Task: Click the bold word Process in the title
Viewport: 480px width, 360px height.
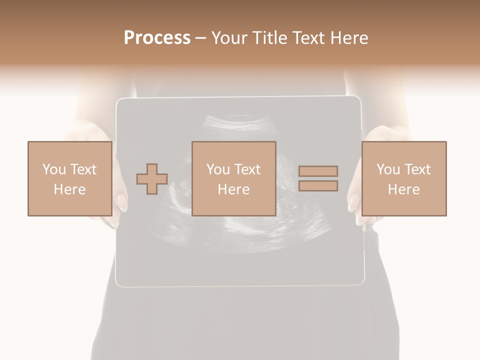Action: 157,38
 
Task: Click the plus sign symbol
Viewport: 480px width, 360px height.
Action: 152,179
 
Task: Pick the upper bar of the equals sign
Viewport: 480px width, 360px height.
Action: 318,171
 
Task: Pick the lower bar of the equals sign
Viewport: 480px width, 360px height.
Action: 318,186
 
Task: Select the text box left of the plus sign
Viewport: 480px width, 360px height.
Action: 69,178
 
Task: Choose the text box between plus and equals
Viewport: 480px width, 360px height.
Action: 233,178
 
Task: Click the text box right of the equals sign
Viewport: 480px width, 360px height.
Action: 403,178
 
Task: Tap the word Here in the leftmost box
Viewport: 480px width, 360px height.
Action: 69,189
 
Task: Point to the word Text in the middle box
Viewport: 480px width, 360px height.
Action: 247,169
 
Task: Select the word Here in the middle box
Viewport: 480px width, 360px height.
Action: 233,189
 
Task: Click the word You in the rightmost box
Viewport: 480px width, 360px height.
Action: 388,169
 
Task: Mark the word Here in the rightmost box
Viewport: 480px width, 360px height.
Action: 403,189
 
